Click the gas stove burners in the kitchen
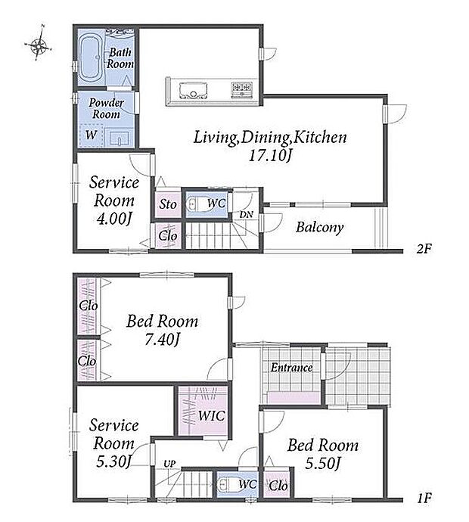point(241,89)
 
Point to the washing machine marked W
point(91,135)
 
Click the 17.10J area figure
point(270,155)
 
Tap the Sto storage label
point(167,204)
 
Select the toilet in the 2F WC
point(197,204)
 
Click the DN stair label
point(246,215)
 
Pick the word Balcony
point(319,228)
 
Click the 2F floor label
point(424,248)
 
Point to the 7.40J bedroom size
point(163,340)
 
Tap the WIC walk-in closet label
point(211,415)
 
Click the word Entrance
point(291,368)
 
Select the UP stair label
point(169,464)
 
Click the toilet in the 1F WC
point(228,484)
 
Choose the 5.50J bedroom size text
point(323,464)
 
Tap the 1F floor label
point(424,498)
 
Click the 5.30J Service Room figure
point(113,461)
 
